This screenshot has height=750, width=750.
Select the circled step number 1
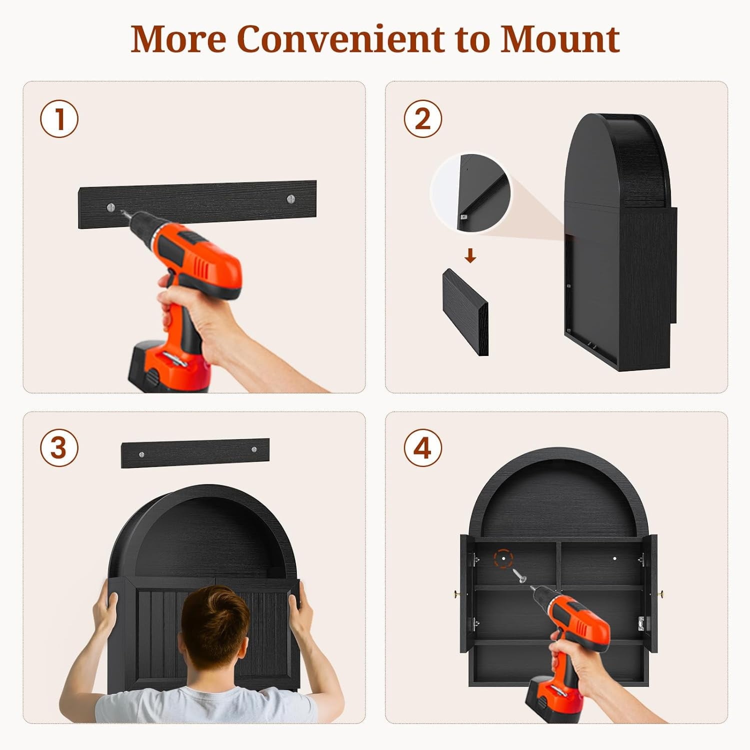59,119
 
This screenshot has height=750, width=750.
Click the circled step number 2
423,119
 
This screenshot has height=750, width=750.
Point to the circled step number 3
59,448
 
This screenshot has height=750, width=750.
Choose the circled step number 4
423,448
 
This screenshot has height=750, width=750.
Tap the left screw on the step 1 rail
110,206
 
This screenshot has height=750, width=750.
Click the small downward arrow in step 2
469,256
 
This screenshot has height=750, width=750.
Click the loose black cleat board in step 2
465,312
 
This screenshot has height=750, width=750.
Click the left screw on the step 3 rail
142,454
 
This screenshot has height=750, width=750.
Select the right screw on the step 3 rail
253,449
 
